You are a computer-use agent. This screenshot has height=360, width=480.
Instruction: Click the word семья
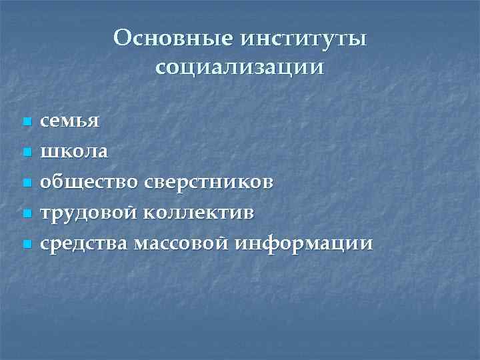pyautogui.click(x=70, y=122)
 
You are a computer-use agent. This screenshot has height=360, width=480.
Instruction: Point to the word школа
pyautogui.click(x=74, y=152)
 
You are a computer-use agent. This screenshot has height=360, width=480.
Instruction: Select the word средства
pyautogui.click(x=84, y=244)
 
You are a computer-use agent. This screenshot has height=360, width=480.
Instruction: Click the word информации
pyautogui.click(x=304, y=244)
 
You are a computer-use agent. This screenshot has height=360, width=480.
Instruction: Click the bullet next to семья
pyautogui.click(x=27, y=123)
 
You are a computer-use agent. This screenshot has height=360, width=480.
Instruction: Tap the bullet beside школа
pyautogui.click(x=27, y=153)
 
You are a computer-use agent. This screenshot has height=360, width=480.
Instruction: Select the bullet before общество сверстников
pyautogui.click(x=27, y=183)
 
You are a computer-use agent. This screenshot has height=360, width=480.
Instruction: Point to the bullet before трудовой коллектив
pyautogui.click(x=27, y=214)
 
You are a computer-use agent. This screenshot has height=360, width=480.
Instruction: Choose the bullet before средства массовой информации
pyautogui.click(x=27, y=245)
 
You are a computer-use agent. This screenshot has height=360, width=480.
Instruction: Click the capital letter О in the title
pyautogui.click(x=123, y=37)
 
